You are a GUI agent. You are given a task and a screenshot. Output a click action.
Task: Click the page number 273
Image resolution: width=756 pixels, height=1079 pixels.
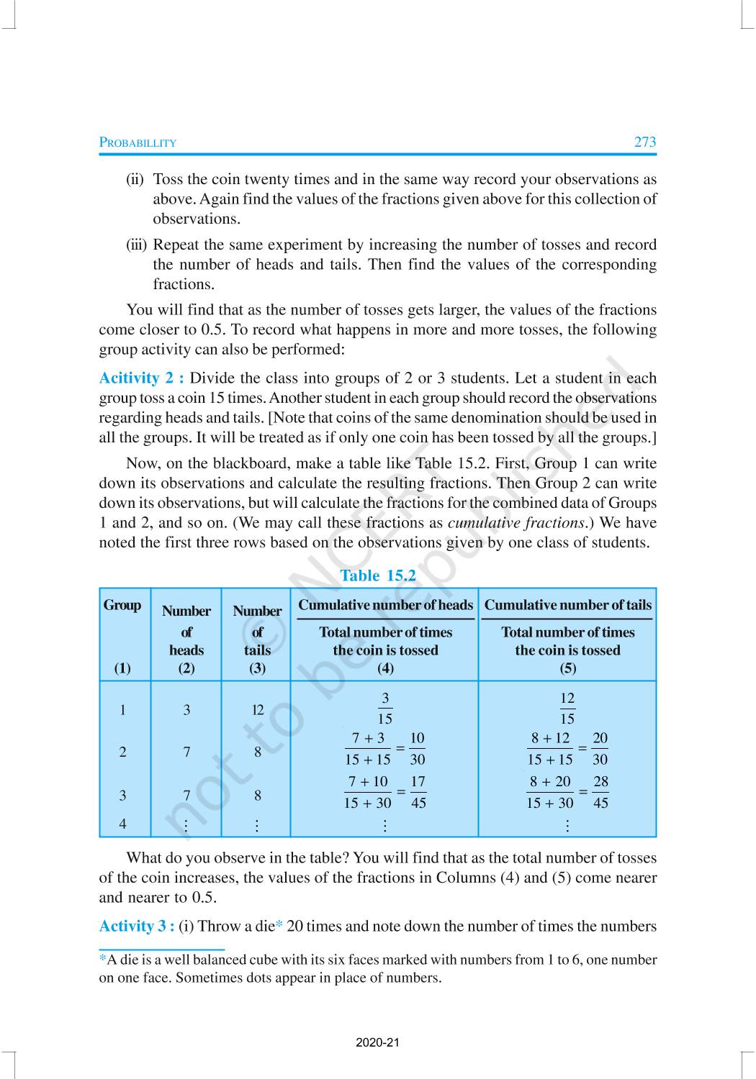coord(644,142)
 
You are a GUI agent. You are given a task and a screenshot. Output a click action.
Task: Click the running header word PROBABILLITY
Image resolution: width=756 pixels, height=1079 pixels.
coord(138,142)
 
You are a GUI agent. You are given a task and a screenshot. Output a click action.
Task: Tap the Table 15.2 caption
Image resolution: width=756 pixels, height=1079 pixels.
coord(378,575)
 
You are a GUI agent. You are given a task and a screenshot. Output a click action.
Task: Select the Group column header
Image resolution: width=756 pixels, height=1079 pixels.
coord(122,605)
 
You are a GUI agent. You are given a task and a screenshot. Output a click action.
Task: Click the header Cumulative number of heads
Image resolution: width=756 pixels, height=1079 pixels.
coord(385,605)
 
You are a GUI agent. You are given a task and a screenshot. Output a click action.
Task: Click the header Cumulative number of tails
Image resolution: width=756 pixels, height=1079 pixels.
coord(567,605)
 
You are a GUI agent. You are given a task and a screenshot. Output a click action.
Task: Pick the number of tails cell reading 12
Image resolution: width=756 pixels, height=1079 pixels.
coord(257,710)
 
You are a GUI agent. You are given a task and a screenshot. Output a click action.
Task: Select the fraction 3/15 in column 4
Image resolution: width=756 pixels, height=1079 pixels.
coord(385,709)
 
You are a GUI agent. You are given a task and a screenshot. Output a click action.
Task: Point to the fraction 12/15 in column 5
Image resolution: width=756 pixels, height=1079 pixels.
coord(567,709)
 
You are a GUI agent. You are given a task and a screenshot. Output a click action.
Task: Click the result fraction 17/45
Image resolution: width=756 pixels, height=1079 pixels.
coord(418,792)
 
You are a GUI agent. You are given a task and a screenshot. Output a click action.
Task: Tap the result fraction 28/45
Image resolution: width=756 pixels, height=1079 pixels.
coord(600,792)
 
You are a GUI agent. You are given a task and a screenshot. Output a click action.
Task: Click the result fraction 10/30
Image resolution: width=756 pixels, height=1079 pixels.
coord(417,749)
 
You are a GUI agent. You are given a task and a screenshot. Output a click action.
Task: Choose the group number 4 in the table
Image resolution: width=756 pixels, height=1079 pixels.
coord(122,824)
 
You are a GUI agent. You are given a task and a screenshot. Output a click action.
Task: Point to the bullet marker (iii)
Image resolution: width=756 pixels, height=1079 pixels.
coord(136,245)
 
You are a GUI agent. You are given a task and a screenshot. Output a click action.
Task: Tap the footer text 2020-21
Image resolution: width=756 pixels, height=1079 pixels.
coord(377,1043)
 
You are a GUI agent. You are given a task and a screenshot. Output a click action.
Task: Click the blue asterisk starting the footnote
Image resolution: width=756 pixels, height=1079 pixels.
coord(102,959)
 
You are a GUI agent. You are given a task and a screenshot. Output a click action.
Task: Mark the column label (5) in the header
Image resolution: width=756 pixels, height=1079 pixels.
coord(567,668)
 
